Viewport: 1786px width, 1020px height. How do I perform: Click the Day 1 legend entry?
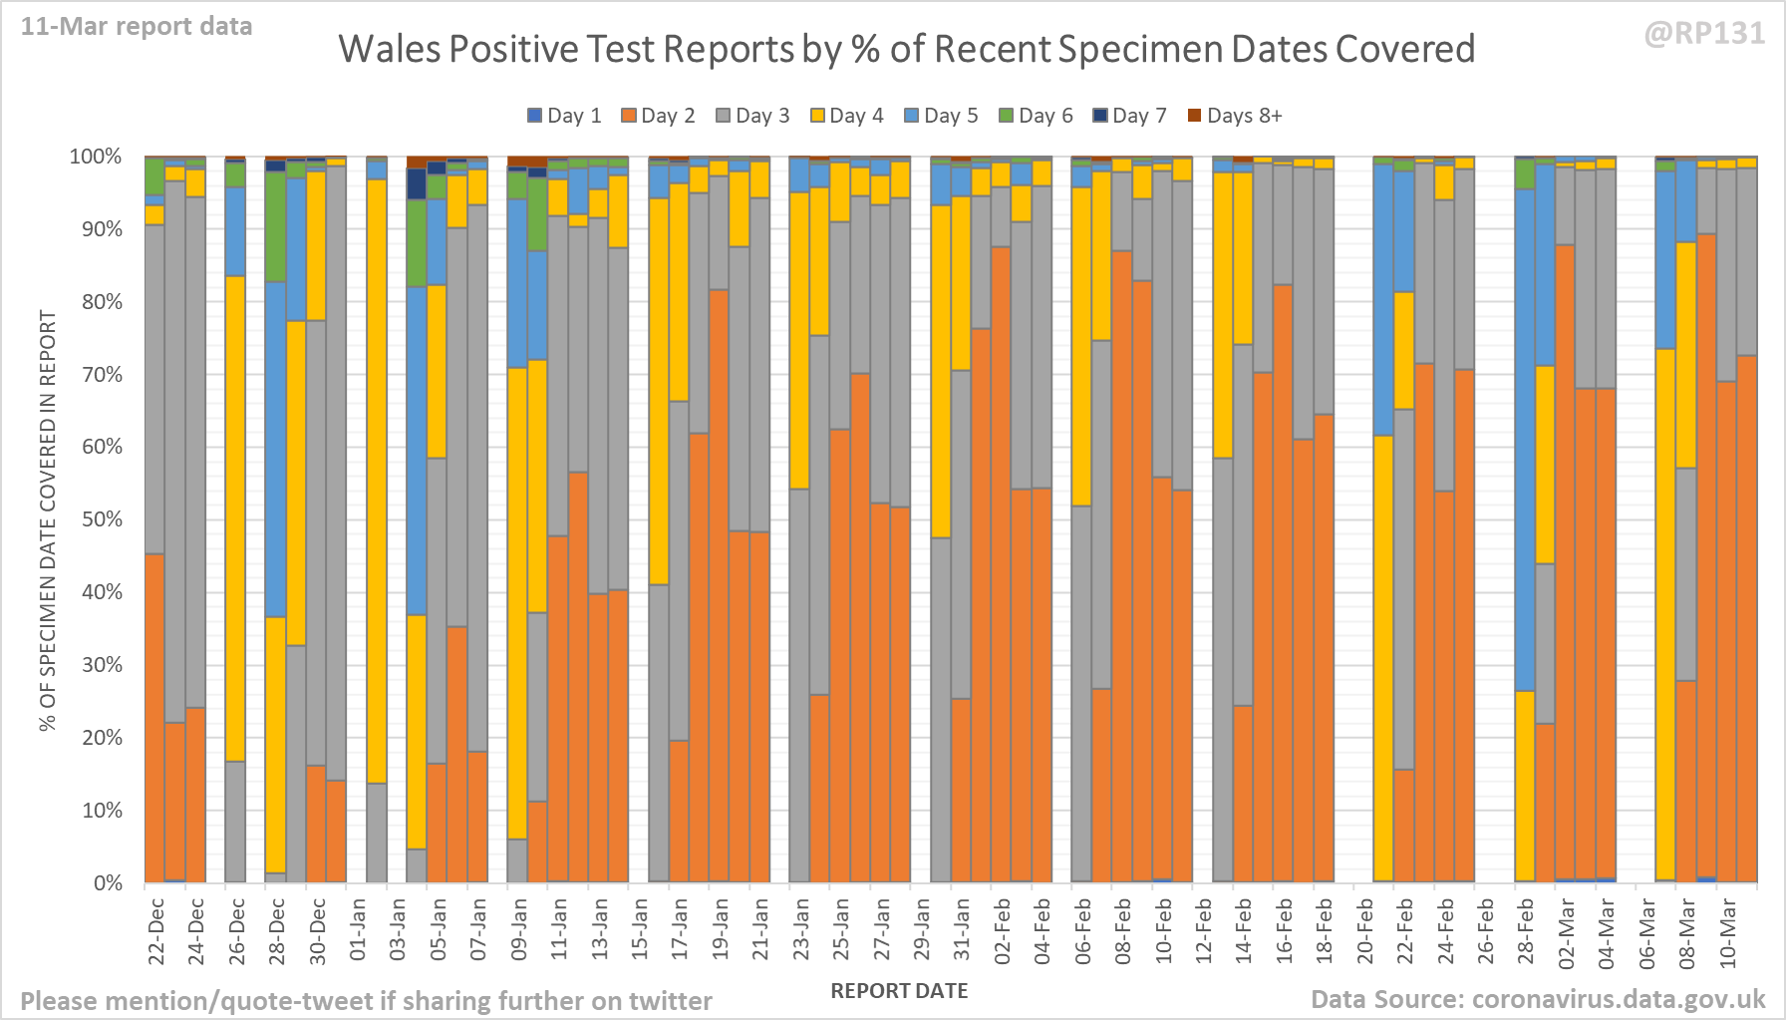(x=564, y=116)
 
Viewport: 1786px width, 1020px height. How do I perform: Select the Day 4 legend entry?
(x=846, y=116)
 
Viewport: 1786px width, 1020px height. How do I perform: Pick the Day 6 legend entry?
(x=1036, y=116)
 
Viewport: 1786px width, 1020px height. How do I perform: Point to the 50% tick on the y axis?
(x=102, y=519)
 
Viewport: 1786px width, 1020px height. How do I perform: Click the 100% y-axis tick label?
(x=96, y=157)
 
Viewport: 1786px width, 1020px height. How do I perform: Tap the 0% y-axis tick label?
(x=108, y=883)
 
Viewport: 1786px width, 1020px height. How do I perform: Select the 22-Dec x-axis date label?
(x=156, y=931)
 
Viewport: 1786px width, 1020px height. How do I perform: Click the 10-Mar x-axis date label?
(x=1728, y=931)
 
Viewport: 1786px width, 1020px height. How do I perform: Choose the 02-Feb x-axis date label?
(x=1003, y=931)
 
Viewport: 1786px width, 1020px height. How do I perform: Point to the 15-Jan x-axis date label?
(x=640, y=931)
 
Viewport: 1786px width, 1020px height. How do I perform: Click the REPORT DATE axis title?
(x=899, y=991)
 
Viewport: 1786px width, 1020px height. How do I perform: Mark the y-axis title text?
(x=48, y=519)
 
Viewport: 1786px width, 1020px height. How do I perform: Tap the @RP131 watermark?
(x=1704, y=34)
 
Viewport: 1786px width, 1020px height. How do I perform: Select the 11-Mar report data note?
(x=137, y=27)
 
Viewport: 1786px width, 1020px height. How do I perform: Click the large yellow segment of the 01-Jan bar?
(x=377, y=479)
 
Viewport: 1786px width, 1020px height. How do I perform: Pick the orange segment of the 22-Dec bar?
(x=154, y=718)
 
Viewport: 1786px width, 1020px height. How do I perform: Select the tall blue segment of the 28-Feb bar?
(x=1525, y=439)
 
